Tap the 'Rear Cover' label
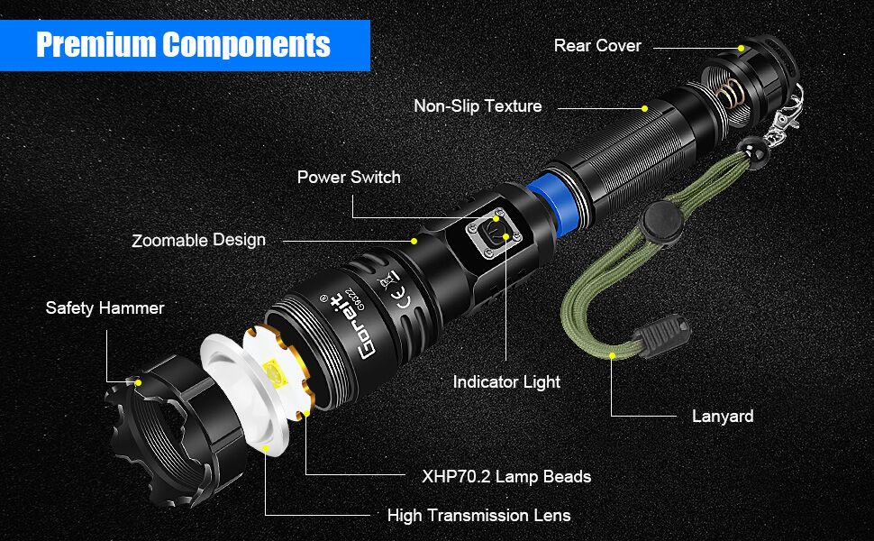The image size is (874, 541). pyautogui.click(x=597, y=45)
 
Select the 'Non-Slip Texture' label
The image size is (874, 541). pyautogui.click(x=478, y=106)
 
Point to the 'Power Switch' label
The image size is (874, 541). pyautogui.click(x=349, y=178)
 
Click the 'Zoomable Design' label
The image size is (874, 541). pyautogui.click(x=198, y=241)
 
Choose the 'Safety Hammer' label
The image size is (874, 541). pyautogui.click(x=105, y=308)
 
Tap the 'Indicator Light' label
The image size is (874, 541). pyautogui.click(x=506, y=382)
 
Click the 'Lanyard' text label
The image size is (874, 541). pyautogui.click(x=723, y=417)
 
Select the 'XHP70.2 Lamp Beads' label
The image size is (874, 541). pyautogui.click(x=506, y=476)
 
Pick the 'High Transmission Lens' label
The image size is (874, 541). pyautogui.click(x=478, y=516)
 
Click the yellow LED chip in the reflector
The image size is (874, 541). pyautogui.click(x=271, y=372)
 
